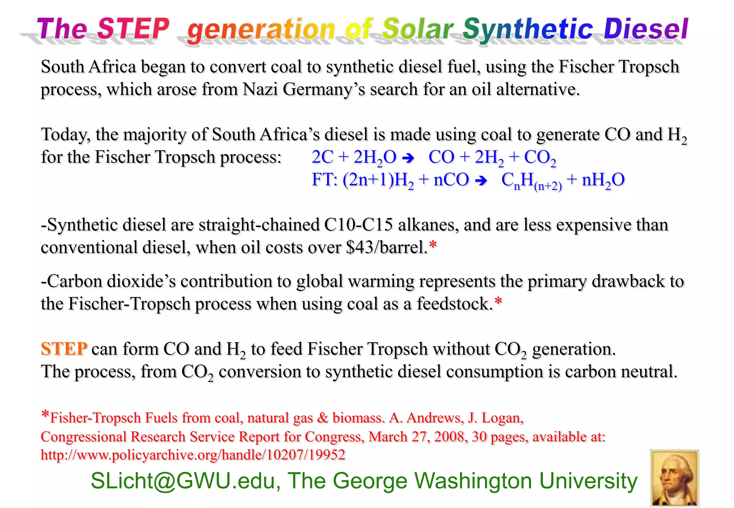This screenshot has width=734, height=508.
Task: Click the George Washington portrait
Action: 675,478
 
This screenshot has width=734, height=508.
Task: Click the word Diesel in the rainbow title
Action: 646,29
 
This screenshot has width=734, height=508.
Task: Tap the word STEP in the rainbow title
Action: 133,29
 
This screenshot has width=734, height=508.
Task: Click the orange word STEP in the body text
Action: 64,349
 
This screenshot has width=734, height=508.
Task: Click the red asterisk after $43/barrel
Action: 433,245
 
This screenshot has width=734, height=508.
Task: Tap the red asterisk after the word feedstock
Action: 498,301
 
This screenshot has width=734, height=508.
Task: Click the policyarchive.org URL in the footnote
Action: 193,455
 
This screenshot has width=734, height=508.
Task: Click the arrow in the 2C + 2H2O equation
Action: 408,158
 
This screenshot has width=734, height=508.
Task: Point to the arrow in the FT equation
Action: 481,180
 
